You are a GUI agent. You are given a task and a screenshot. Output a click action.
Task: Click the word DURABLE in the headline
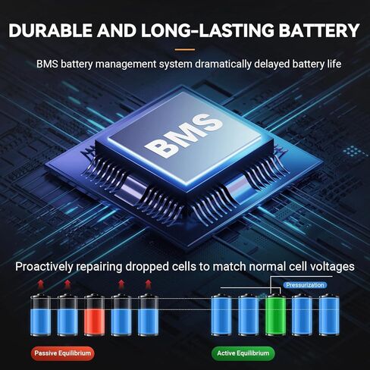click(51, 30)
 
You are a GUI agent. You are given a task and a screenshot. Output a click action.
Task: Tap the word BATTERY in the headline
click(319, 30)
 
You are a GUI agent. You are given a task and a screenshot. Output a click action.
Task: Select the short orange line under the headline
click(185, 49)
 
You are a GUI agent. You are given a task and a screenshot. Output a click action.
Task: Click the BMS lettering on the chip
click(184, 136)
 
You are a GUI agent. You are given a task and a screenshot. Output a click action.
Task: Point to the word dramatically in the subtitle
click(223, 64)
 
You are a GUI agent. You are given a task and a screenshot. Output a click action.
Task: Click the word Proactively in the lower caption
click(44, 267)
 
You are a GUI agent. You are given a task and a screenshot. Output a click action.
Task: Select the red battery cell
click(94, 315)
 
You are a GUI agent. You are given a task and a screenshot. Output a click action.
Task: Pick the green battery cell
click(276, 315)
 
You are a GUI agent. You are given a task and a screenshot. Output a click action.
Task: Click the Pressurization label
click(305, 285)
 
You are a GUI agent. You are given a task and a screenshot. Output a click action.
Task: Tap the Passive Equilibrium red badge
click(62, 353)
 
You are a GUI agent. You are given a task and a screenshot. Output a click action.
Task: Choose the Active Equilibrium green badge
click(243, 353)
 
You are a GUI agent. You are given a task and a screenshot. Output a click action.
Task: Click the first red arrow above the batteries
click(40, 284)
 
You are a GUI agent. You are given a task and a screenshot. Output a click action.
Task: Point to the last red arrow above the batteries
click(149, 284)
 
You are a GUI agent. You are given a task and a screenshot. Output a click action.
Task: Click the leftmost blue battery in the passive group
click(40, 315)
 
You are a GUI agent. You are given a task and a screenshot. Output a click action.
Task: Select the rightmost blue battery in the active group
click(329, 315)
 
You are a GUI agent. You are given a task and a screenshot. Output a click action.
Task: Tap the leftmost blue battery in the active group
click(221, 315)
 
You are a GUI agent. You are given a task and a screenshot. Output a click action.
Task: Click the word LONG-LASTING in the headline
click(208, 30)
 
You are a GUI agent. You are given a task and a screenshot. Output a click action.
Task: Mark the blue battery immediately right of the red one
click(121, 315)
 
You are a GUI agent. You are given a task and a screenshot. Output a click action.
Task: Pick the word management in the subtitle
click(126, 64)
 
